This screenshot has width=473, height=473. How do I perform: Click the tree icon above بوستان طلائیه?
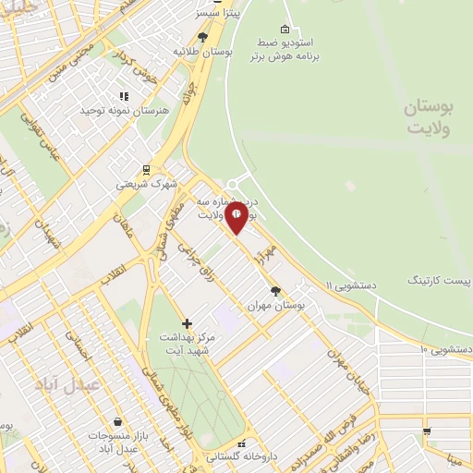202,37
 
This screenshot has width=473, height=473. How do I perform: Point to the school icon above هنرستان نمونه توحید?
124,95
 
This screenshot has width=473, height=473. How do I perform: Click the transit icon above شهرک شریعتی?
145,168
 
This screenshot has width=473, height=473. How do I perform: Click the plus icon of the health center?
188,323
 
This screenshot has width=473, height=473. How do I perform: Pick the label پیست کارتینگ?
438,278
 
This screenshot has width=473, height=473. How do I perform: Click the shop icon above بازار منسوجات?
116,420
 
